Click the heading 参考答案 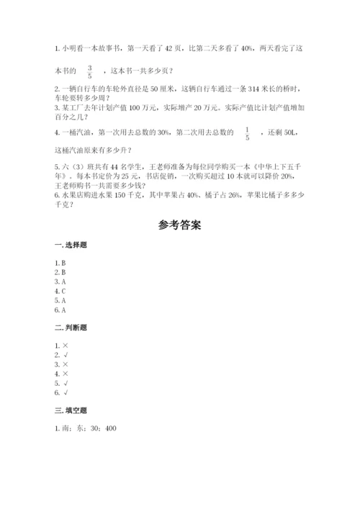[x=179, y=225]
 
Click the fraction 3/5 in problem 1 [x=90, y=70]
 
